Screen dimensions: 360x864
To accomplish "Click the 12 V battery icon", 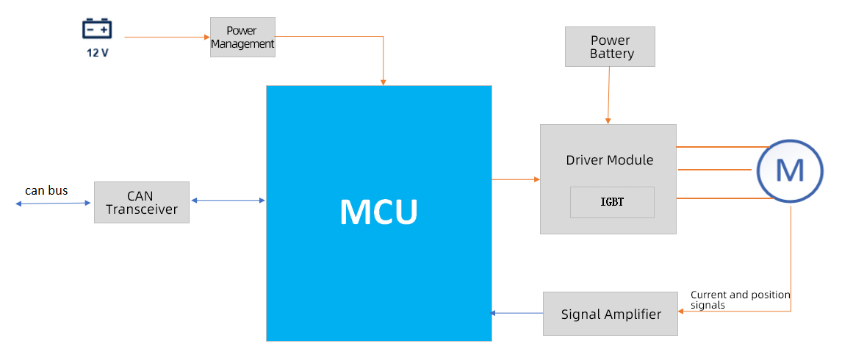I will pos(97,29).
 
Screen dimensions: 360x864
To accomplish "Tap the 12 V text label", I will pos(97,52).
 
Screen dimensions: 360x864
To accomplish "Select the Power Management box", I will pos(242,37).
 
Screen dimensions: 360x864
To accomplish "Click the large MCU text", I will pos(378,212).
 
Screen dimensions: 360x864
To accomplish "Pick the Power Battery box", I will pos(610,47).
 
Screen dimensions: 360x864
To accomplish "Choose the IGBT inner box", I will pos(612,202).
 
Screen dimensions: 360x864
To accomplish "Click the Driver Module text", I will pos(609,160).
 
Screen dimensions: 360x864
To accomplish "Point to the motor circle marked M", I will pos(790,170).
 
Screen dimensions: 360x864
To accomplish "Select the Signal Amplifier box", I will pos(611,314).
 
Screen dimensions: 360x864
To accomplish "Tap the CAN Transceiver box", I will pos(142,203).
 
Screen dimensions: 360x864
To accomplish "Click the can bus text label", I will pos(46,191).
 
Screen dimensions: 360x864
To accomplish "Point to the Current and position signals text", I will pos(740,299).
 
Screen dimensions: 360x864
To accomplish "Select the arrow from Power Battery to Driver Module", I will pos(608,96).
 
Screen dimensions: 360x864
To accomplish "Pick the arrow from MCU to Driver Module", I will pos(516,179).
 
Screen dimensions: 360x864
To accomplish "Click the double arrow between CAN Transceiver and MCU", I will pos(228,200).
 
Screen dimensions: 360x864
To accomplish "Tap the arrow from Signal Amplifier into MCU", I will pos(516,314).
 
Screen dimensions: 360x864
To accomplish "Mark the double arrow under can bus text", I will pos(53,204).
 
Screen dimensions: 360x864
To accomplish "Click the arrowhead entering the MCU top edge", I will pos(384,82).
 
